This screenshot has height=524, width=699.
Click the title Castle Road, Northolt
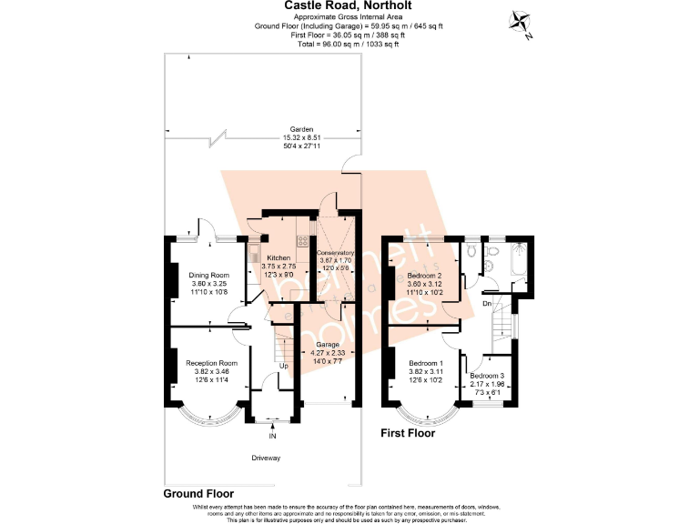349,5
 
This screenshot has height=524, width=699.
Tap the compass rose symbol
522,23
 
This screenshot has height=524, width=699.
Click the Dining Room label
209,276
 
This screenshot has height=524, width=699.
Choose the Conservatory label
336,253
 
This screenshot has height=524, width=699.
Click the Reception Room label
210,363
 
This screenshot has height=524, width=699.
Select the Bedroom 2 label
425,276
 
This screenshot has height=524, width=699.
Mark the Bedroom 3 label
487,376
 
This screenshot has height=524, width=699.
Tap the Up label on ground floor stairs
284,367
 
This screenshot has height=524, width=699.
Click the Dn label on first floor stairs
488,303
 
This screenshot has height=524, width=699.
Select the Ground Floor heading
205,494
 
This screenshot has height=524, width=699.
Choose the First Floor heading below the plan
407,434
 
